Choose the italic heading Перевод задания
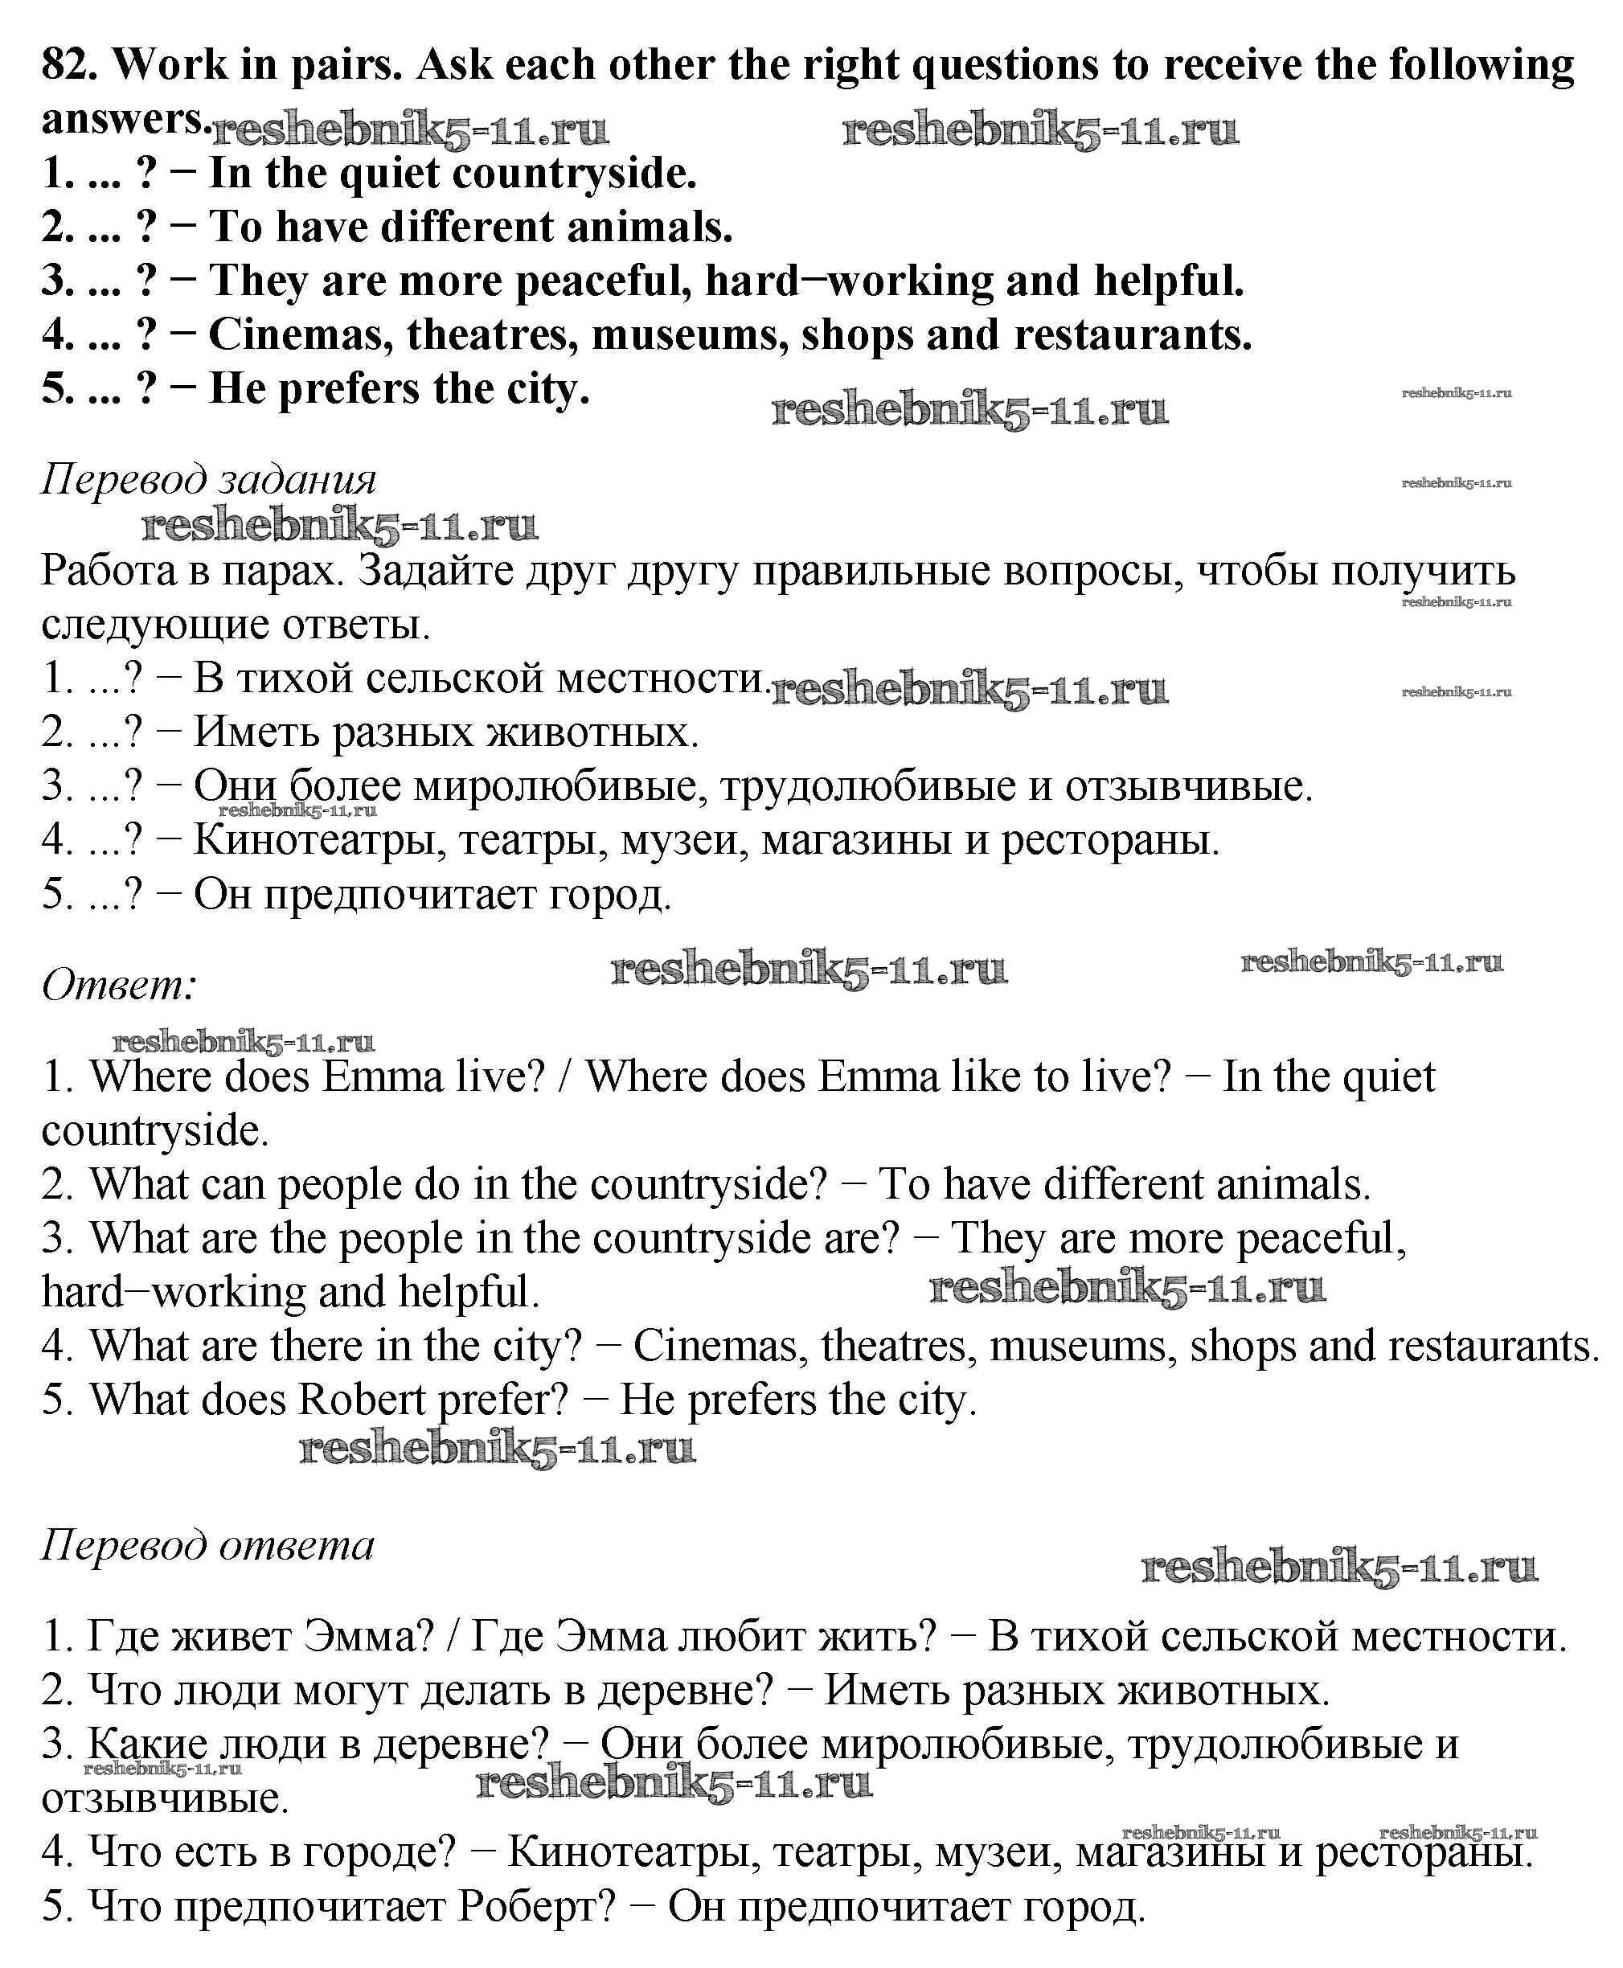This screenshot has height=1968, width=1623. tap(208, 480)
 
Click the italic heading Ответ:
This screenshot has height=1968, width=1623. tap(120, 985)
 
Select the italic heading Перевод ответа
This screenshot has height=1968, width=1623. tap(207, 1545)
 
